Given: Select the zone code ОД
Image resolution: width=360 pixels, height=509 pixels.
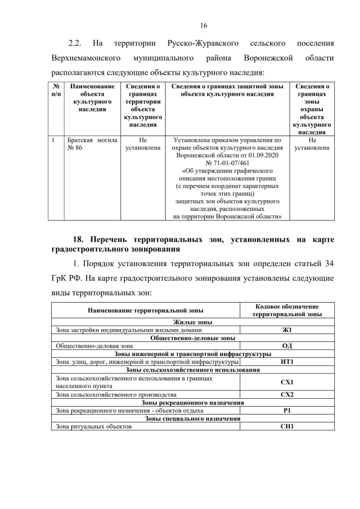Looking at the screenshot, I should pos(287,346).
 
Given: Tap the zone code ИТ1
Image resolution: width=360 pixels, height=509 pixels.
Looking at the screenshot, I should pos(287,362).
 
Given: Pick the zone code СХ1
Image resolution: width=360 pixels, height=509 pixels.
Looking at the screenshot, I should pos(287,382).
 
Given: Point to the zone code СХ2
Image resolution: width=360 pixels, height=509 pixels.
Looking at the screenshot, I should pos(287,395).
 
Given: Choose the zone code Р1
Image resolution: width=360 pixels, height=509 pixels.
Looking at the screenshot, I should pos(287,411).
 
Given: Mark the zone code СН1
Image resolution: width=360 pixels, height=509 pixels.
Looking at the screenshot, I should pos(287,426).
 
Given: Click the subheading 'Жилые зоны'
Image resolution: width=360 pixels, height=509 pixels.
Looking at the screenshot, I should pos(192,322).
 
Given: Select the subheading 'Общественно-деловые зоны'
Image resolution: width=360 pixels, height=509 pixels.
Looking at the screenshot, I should pos(192,338).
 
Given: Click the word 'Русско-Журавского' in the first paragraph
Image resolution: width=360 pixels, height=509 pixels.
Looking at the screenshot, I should pos(203,43).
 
